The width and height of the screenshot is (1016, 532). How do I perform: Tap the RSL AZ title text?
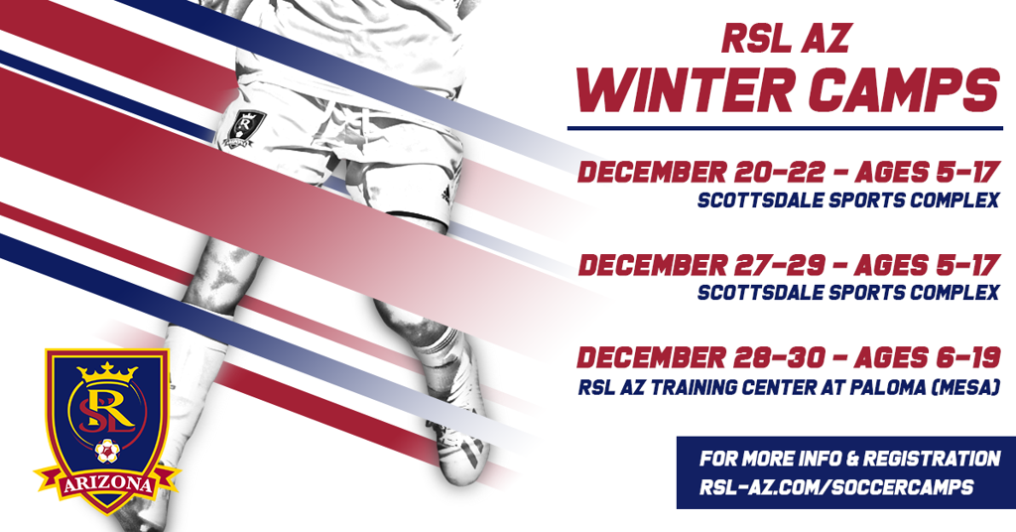(786, 40)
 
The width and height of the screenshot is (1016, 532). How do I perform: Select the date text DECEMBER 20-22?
(701, 173)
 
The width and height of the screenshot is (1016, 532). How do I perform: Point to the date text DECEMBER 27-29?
(701, 265)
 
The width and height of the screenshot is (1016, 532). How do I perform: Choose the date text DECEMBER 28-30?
(701, 357)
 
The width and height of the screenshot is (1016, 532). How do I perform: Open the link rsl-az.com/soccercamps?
(835, 487)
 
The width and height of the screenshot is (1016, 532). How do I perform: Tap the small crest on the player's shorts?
(245, 128)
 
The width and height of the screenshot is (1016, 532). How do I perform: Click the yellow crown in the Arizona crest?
(107, 371)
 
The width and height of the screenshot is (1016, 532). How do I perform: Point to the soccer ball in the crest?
(107, 451)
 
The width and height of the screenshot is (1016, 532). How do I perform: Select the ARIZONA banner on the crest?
(107, 484)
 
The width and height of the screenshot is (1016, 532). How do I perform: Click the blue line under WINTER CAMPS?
(785, 128)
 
